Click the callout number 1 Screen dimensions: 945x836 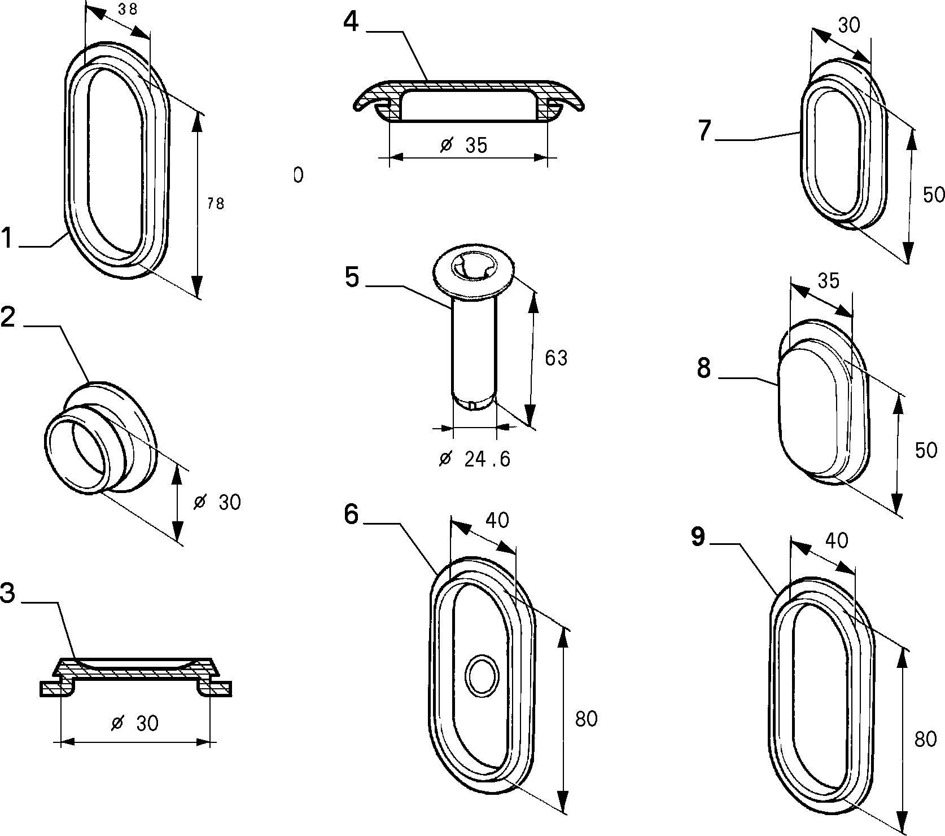(x=7, y=237)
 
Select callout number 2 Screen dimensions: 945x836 (x=8, y=316)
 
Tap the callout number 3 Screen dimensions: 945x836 (x=7, y=593)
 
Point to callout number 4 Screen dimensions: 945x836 (x=351, y=22)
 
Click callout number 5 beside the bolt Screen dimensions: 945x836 (x=352, y=278)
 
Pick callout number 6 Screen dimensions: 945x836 (x=351, y=514)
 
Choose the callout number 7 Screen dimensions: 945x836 (x=704, y=130)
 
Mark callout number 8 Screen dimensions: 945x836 (x=704, y=368)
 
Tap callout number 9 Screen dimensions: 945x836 (x=698, y=537)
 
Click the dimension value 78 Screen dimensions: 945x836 (x=216, y=204)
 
